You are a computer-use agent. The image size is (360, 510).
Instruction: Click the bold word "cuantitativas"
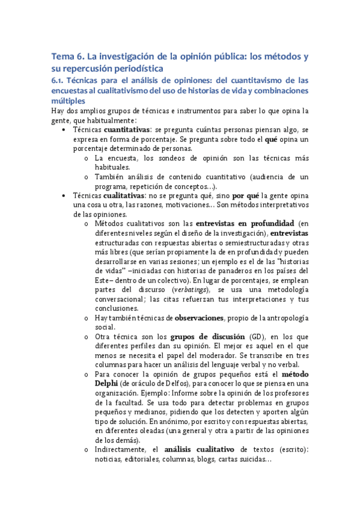pyautogui.click(x=127, y=129)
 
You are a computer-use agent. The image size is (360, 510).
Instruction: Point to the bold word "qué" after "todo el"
pyautogui.click(x=270, y=139)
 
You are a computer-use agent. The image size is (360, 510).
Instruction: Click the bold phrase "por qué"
pyautogui.click(x=246, y=195)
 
